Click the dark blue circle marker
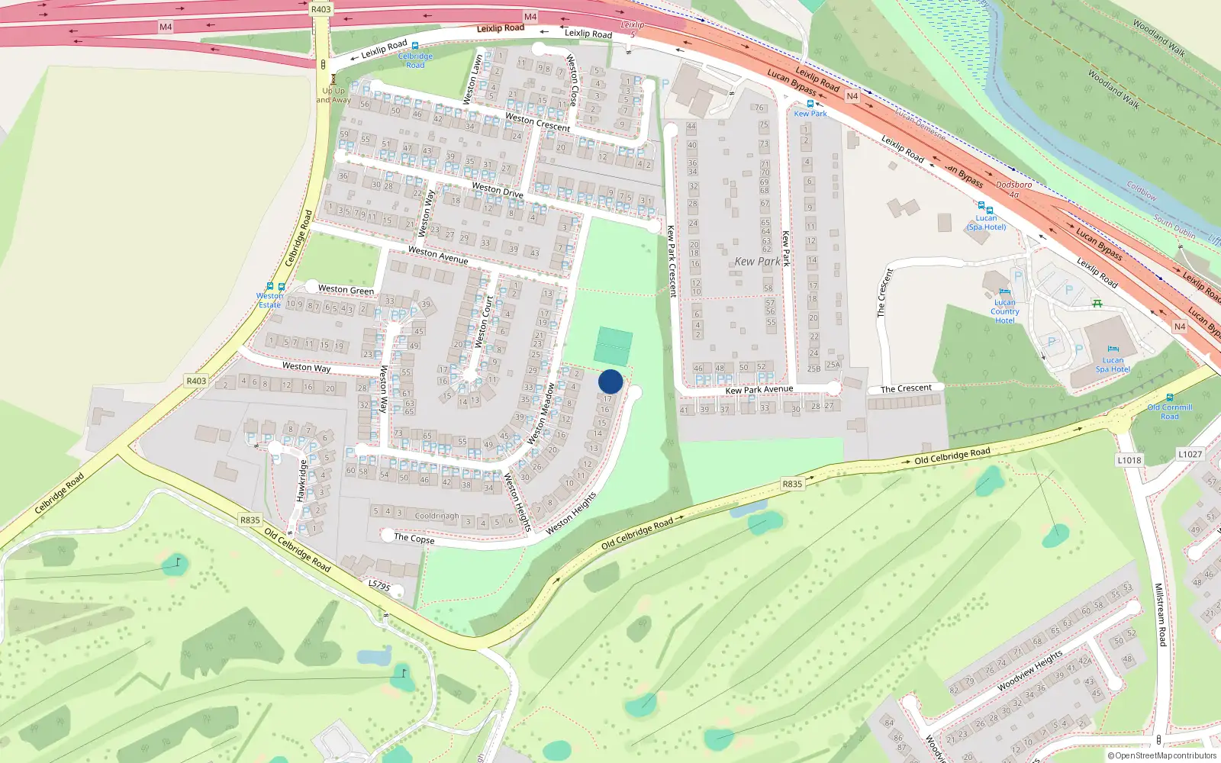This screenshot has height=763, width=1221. (x=610, y=381)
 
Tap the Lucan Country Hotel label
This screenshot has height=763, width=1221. (x=1005, y=311)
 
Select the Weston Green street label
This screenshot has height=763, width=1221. (x=346, y=289)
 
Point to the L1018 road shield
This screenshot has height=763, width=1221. (x=1129, y=460)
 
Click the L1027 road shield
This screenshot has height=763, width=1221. (x=1190, y=454)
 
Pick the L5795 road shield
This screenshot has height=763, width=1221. (x=379, y=586)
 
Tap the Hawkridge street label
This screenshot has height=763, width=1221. (x=301, y=480)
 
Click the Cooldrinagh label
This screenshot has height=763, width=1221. (x=437, y=516)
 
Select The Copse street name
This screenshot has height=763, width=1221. (x=414, y=538)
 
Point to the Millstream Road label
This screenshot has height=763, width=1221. (x=1160, y=615)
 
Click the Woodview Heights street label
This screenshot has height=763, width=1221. (x=1030, y=671)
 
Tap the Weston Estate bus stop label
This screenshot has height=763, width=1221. (x=269, y=301)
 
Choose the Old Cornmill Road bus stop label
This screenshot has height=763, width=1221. (x=1170, y=412)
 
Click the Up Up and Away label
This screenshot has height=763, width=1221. (x=333, y=95)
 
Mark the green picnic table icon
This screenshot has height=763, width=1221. (x=1097, y=303)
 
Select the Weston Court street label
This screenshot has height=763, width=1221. (x=485, y=321)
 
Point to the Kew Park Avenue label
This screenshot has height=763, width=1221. (x=759, y=390)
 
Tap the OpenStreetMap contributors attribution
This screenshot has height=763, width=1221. (x=1162, y=756)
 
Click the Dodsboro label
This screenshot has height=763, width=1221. (x=1013, y=185)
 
